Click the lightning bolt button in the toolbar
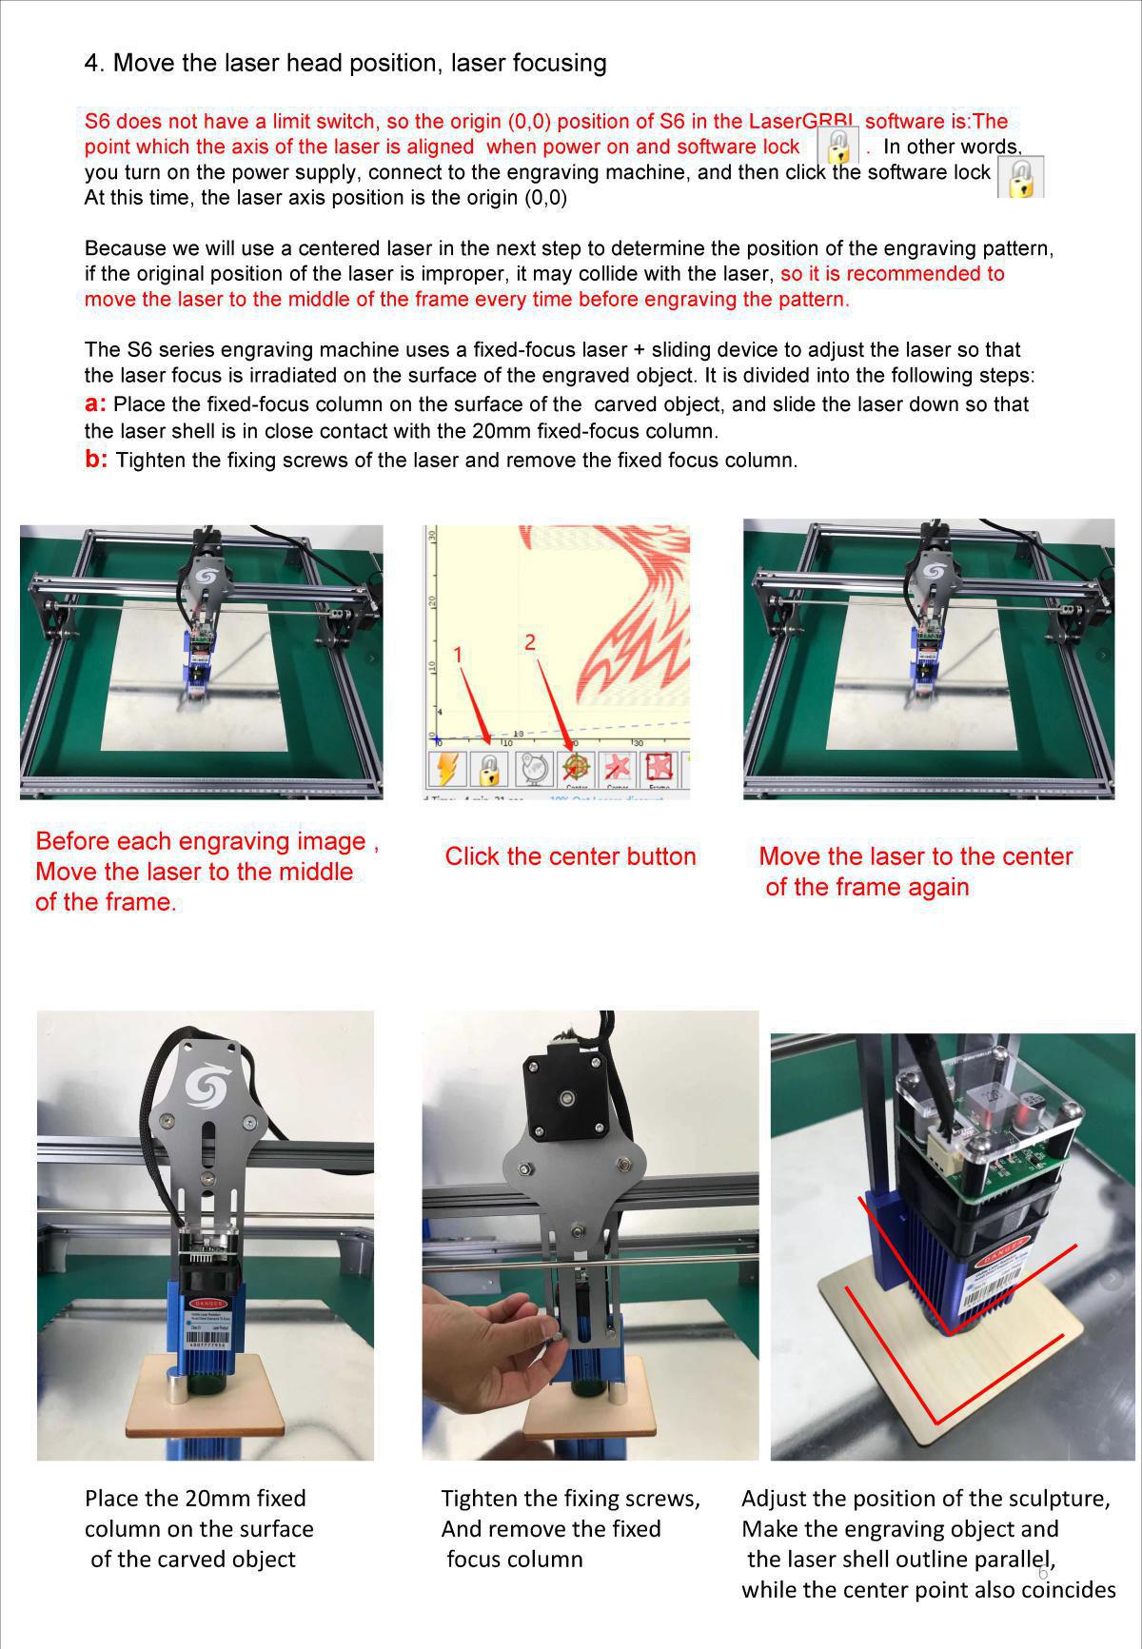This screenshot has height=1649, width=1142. (446, 767)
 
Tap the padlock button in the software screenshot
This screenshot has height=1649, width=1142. (489, 767)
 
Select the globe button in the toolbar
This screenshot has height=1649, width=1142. (534, 767)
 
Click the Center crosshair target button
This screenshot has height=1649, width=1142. (577, 767)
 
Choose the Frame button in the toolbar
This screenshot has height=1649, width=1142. (660, 767)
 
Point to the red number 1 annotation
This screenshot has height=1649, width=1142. (458, 655)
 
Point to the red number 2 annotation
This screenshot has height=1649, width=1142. (530, 642)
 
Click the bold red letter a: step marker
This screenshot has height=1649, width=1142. (95, 403)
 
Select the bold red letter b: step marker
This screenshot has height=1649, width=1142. (95, 460)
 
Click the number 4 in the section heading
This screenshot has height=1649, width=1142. (92, 63)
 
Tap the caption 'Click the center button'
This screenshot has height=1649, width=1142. (570, 856)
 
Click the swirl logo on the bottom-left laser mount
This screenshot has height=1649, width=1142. (206, 1086)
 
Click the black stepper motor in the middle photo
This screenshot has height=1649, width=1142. (567, 1094)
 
